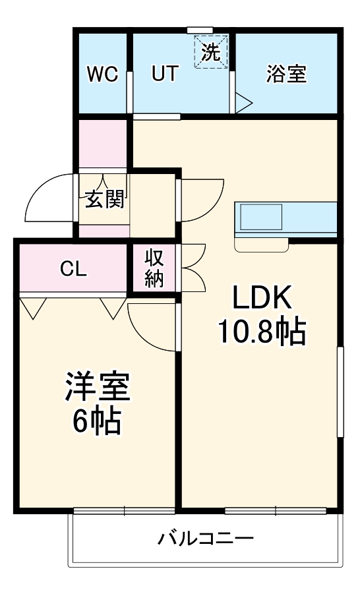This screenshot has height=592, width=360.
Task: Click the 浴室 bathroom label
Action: click(286, 74)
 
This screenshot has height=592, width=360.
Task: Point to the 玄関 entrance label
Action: click(104, 200)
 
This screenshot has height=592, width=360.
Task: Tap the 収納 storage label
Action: click(154, 268)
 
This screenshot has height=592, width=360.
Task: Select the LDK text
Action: click(261, 300)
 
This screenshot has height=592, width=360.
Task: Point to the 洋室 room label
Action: click(97, 388)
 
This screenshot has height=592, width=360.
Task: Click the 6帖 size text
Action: click(97, 422)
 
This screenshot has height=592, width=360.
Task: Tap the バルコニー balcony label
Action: click(205, 539)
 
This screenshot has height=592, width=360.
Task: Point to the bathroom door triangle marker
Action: click(243, 102)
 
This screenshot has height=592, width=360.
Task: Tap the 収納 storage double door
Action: click(193, 267)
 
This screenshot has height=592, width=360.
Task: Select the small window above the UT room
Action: click(200, 30)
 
